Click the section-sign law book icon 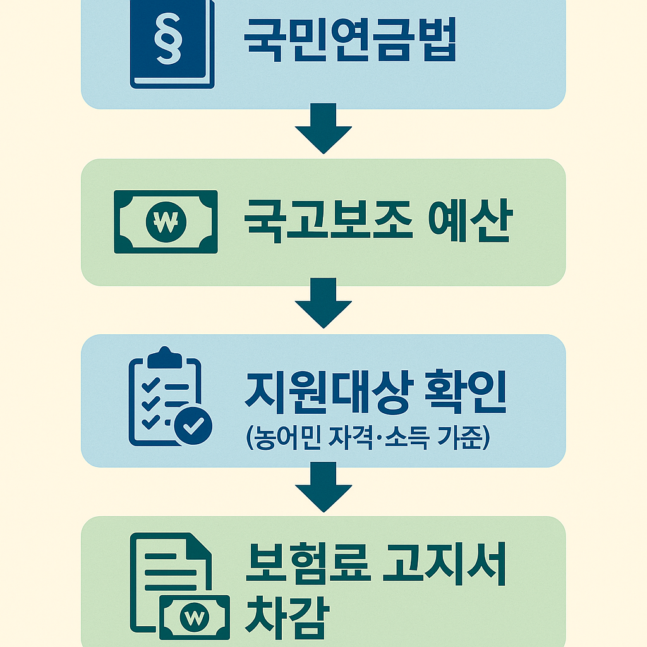tap(172, 44)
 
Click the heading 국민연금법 tap(349, 39)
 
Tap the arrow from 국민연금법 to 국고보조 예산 tap(323, 130)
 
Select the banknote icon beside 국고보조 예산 tap(166, 222)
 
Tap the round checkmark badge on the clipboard tap(193, 426)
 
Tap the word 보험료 tap(306, 562)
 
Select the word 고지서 tap(445, 562)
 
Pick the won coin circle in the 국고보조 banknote tap(165, 222)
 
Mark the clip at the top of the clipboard tap(164, 356)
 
